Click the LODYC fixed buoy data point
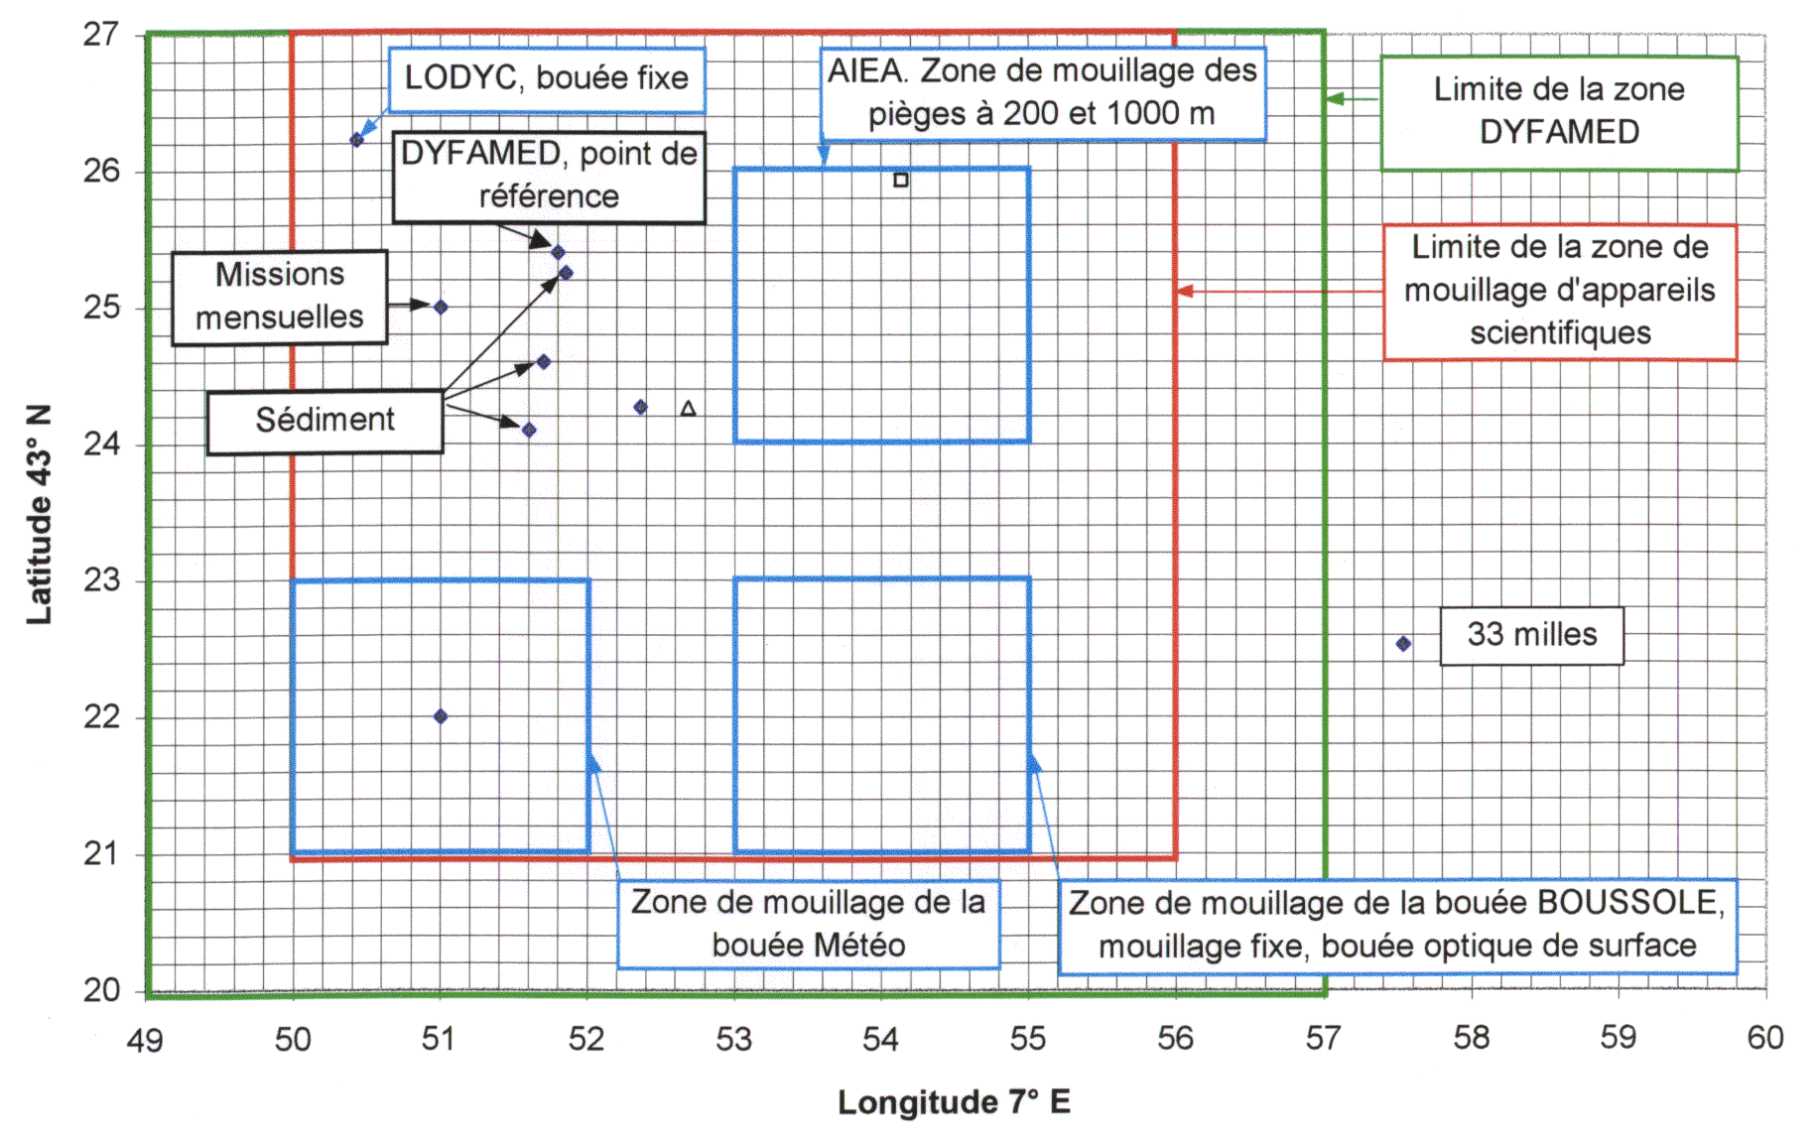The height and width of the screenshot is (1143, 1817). [x=357, y=140]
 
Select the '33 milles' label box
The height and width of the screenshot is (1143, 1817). [x=1531, y=635]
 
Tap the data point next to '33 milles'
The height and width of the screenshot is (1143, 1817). [x=1403, y=644]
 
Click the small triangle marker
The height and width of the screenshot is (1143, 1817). [x=688, y=408]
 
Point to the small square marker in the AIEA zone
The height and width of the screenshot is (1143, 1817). [x=901, y=180]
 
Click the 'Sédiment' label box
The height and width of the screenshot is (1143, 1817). [x=324, y=422]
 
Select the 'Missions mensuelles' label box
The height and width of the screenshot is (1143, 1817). [x=280, y=297]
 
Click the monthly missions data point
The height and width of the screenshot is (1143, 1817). [x=441, y=308]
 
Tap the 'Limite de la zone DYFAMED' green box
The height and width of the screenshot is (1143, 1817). [x=1559, y=113]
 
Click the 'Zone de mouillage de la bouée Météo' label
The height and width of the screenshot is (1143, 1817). [x=808, y=924]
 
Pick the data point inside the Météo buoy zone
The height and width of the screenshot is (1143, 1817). [x=441, y=716]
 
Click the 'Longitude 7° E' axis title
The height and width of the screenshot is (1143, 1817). [x=954, y=1102]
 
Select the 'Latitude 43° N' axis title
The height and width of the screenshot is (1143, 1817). [x=39, y=514]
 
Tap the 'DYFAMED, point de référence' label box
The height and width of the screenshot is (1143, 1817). [x=549, y=177]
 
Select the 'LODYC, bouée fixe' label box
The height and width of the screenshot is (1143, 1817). [x=546, y=78]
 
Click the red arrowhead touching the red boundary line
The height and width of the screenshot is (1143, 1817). [x=1185, y=291]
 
